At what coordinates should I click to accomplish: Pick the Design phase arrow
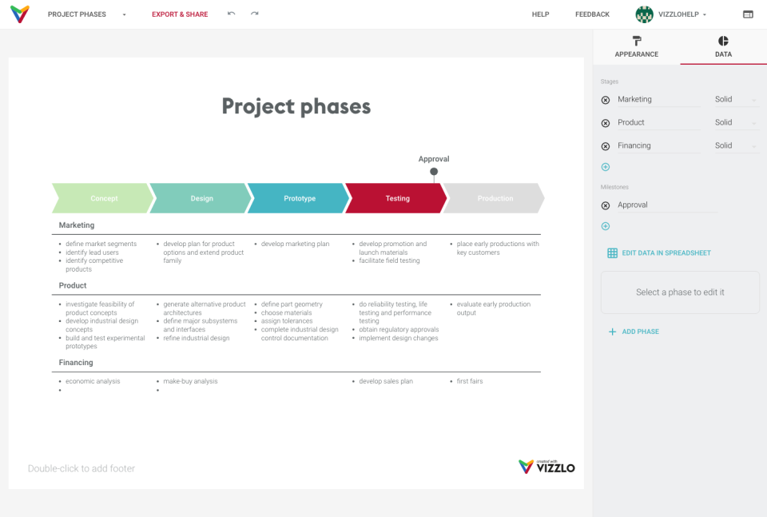(201, 198)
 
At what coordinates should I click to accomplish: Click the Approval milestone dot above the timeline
(434, 171)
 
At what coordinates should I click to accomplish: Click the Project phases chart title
(296, 106)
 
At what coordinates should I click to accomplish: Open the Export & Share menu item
(180, 14)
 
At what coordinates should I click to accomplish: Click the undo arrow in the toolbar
(232, 14)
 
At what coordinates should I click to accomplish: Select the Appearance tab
(637, 47)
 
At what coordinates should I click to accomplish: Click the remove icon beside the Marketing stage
(605, 100)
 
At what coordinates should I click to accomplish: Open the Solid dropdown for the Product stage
(735, 122)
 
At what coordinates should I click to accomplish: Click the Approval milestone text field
(667, 205)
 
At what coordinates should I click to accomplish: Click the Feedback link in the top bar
(592, 14)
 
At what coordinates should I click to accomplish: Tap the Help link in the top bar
(541, 14)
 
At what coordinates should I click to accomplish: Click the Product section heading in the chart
(73, 285)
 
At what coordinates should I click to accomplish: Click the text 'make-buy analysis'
(190, 381)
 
